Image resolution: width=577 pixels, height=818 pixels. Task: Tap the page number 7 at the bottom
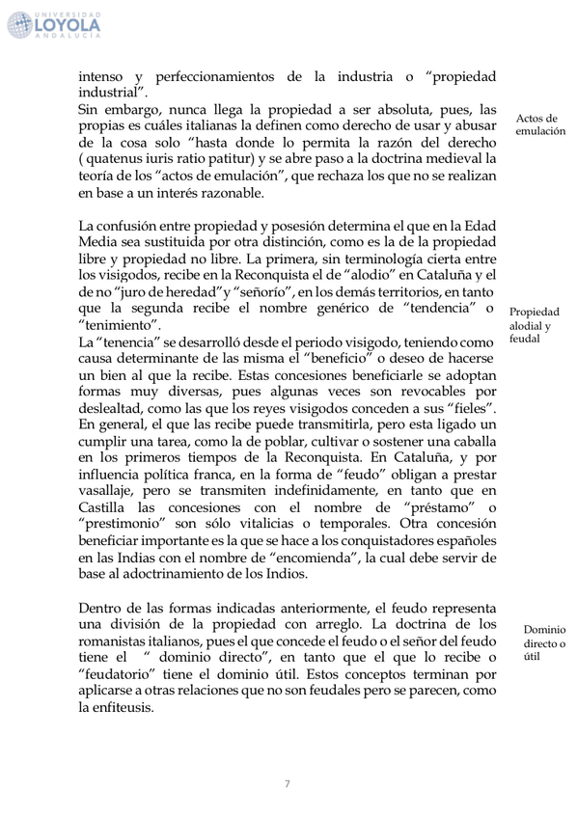pos(287,782)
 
